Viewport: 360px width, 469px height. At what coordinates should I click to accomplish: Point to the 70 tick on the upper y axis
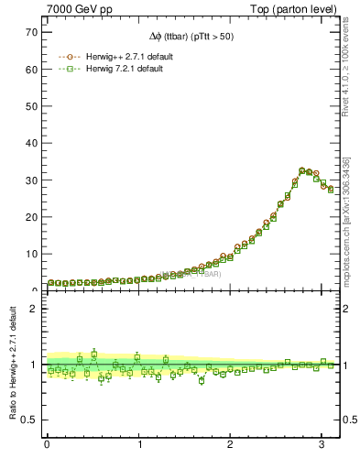pos(30,32)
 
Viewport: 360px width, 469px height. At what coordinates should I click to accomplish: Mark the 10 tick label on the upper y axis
pos(30,254)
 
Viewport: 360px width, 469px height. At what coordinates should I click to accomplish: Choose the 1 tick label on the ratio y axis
pos(33,365)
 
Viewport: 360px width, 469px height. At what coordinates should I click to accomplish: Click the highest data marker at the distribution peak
pos(302,170)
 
